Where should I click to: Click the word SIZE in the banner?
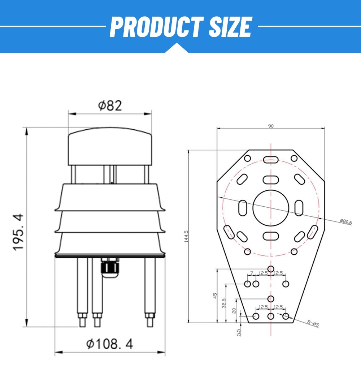click(x=230, y=27)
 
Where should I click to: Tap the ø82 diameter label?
click(x=110, y=105)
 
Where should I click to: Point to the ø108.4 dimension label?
click(x=110, y=344)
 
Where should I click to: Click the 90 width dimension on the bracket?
click(x=271, y=126)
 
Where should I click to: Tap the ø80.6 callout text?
click(x=345, y=222)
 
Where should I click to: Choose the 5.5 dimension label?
click(x=239, y=332)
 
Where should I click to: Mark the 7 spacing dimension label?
click(x=252, y=273)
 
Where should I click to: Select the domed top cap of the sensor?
click(x=110, y=147)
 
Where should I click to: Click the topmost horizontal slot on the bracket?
click(x=271, y=159)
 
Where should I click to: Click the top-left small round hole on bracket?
click(x=248, y=158)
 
